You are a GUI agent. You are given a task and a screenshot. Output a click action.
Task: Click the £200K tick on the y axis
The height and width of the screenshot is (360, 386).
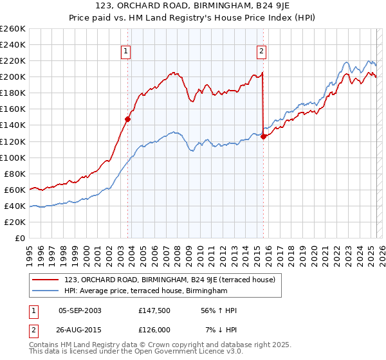pos(12,76)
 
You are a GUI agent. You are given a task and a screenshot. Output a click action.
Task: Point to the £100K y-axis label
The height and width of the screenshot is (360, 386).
pos(12,157)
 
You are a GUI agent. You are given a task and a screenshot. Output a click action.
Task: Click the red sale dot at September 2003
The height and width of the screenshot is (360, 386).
pos(128,119)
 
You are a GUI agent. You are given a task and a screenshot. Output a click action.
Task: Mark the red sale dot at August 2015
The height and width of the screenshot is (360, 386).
pos(264,136)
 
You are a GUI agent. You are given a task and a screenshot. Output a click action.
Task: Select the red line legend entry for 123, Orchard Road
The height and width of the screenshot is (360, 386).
pos(170,280)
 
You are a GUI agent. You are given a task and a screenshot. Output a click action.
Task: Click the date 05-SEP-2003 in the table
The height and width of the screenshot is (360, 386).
pos(80,310)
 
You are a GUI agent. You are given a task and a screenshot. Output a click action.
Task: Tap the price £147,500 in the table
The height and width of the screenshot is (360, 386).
pos(154,310)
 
